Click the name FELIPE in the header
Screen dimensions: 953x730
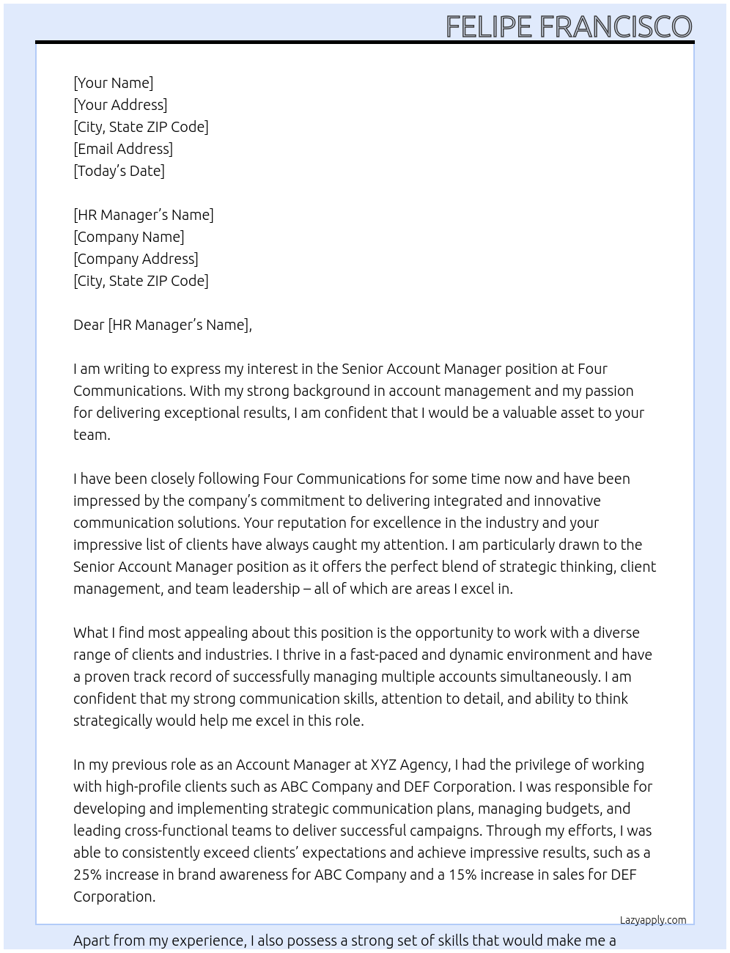488,27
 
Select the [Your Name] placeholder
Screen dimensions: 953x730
113,83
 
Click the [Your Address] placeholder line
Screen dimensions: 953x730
120,105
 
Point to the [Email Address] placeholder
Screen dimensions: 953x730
123,149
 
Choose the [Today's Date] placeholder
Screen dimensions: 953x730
119,171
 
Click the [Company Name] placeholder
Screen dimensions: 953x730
129,237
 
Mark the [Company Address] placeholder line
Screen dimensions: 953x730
136,259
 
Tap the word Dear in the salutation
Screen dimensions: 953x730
89,325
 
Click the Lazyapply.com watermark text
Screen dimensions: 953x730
653,920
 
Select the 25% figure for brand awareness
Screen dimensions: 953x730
87,875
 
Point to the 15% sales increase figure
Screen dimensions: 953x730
465,875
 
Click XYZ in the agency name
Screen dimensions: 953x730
386,765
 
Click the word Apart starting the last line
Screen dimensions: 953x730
92,941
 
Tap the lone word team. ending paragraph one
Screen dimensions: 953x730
92,435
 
